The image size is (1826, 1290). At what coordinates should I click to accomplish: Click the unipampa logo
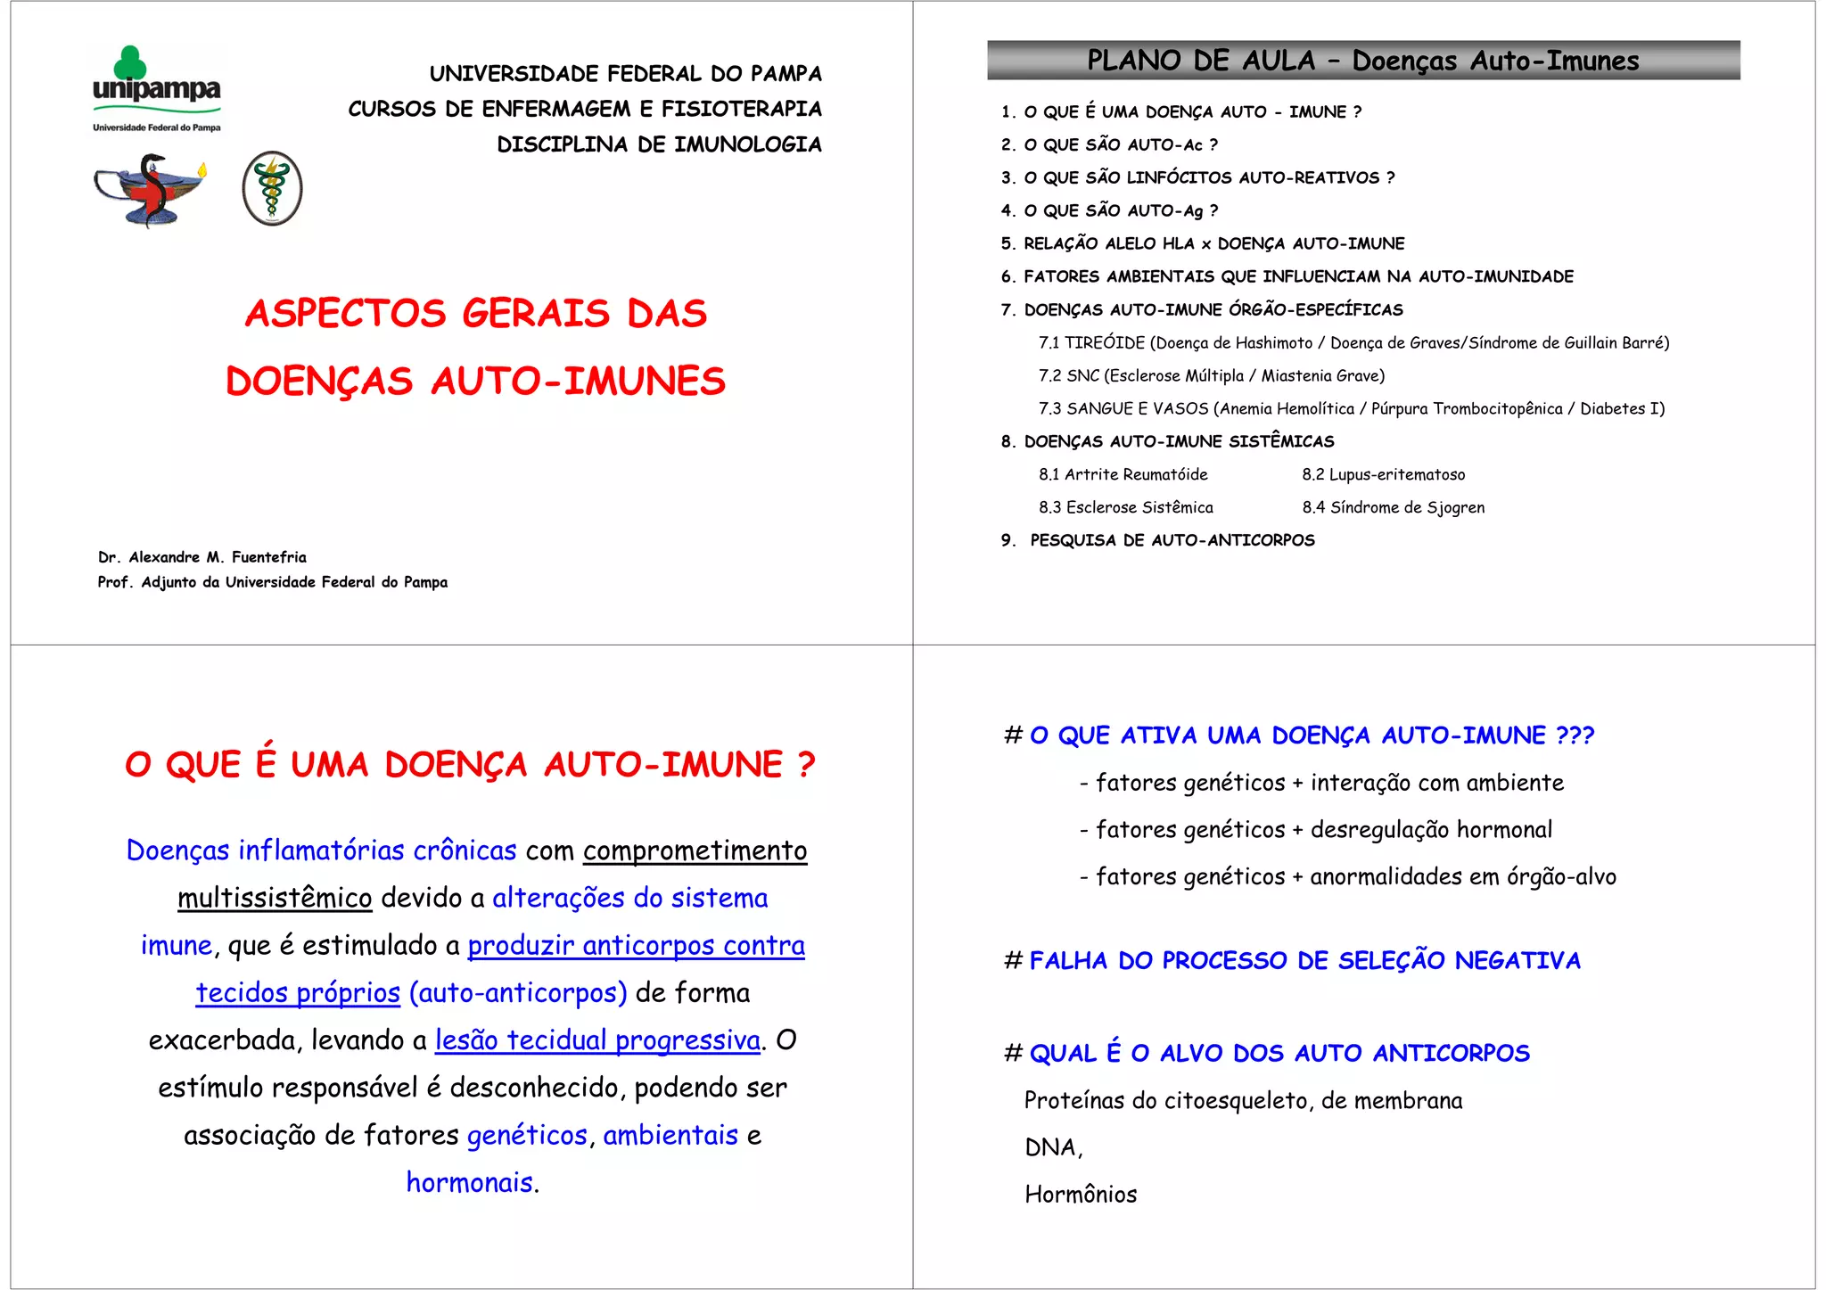coord(157,88)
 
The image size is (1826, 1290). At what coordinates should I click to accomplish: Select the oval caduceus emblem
coord(272,188)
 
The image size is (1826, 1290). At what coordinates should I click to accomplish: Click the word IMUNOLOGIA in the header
coord(747,144)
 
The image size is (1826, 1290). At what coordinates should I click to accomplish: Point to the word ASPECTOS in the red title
coord(344,314)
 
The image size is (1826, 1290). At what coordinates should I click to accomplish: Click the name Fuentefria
coord(268,557)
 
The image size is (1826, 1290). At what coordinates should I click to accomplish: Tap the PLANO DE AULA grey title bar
coord(1362,61)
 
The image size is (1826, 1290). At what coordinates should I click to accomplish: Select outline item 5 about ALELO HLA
coord(1202,243)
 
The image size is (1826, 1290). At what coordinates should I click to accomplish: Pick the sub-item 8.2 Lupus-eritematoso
coord(1383,475)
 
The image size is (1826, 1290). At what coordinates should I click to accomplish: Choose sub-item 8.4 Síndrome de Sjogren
coord(1393,508)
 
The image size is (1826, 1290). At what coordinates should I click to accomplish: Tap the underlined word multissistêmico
coord(275,898)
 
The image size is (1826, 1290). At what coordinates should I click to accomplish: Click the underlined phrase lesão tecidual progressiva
coord(597,1040)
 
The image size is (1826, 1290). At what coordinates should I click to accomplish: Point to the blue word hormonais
coord(470,1182)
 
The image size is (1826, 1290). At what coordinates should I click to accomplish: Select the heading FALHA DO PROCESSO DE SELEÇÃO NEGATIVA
coord(1304,961)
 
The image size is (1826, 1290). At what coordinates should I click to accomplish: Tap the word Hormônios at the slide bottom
coord(1081,1195)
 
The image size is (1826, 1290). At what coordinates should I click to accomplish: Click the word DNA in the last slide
coord(1051,1147)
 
